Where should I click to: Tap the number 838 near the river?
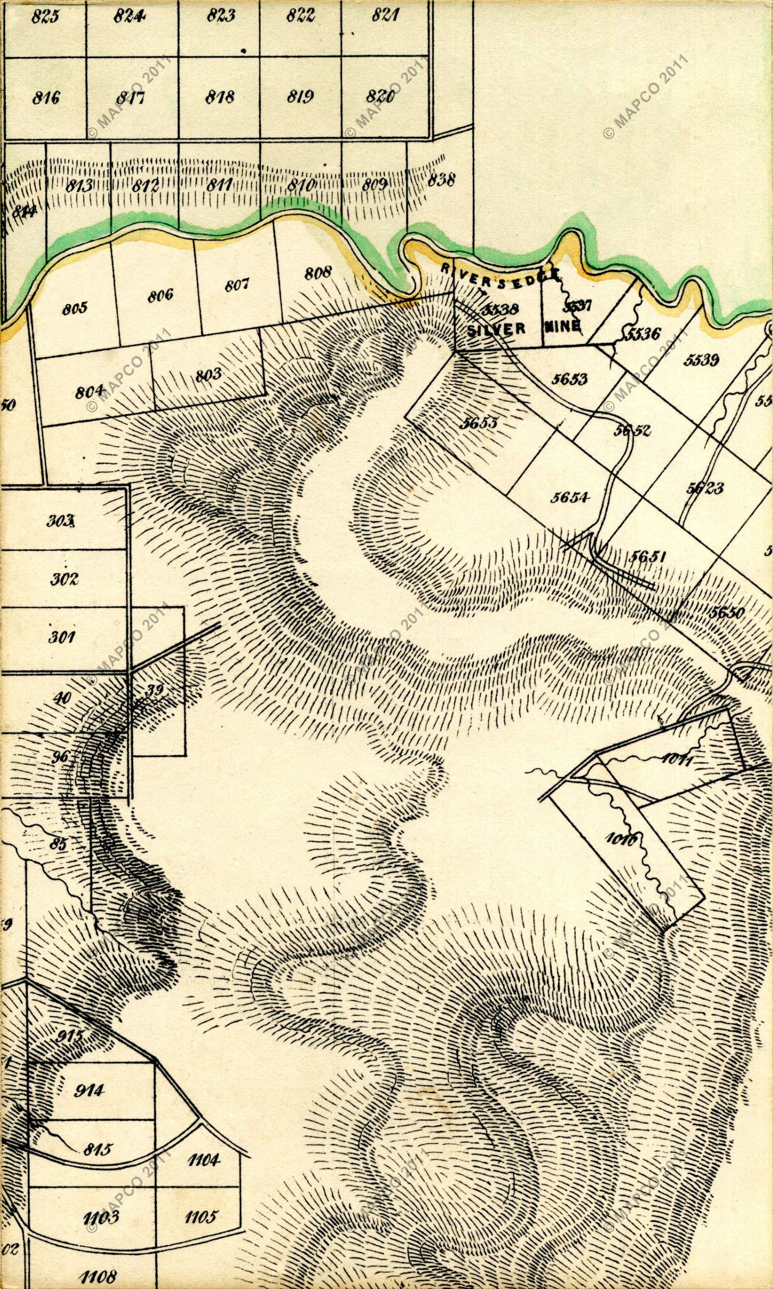442,181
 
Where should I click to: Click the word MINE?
561,327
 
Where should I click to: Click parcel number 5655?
478,423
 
